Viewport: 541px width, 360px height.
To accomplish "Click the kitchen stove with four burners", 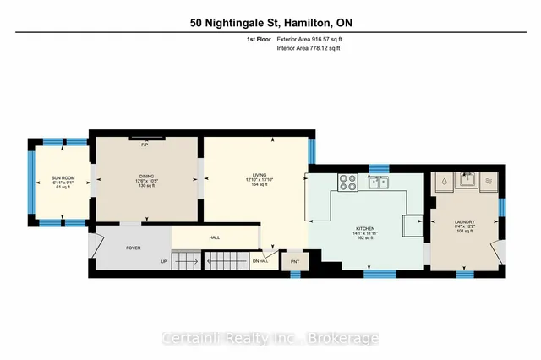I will click(x=347, y=181).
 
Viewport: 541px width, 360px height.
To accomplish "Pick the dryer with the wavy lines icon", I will click(x=489, y=181).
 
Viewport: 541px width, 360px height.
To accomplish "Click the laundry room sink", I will click(x=466, y=180).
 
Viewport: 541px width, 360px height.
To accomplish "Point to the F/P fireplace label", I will click(x=145, y=144).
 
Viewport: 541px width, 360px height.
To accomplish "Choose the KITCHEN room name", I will click(x=364, y=228).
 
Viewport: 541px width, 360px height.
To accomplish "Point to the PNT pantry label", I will click(x=295, y=262).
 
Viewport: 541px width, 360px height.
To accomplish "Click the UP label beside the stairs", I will click(x=163, y=262).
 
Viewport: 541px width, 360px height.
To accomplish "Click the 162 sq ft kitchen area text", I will click(x=364, y=240).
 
